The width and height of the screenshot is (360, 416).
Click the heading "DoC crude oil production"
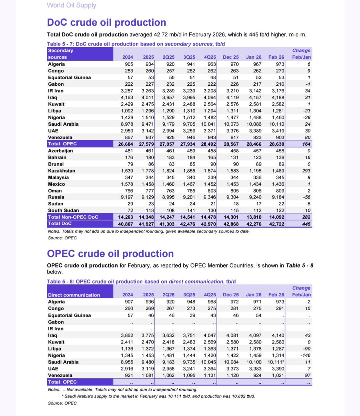tap(106, 23)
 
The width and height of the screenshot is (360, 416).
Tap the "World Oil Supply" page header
tap(71, 5)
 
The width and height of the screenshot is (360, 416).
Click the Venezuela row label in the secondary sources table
tap(60, 137)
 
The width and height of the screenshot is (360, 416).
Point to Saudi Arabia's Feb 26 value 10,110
tap(276, 124)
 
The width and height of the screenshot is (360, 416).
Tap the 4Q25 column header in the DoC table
tap(210, 57)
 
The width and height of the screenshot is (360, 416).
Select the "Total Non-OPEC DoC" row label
tap(73, 217)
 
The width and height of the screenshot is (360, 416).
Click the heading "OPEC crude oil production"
tap(110, 254)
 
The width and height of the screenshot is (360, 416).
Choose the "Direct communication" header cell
tap(74, 295)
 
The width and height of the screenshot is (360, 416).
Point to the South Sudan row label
tap(63, 210)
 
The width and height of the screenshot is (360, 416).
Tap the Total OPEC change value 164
tap(306, 144)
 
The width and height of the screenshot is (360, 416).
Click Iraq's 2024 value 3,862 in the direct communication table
tap(127, 336)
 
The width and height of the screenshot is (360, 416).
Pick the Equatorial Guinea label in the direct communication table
tap(69, 315)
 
